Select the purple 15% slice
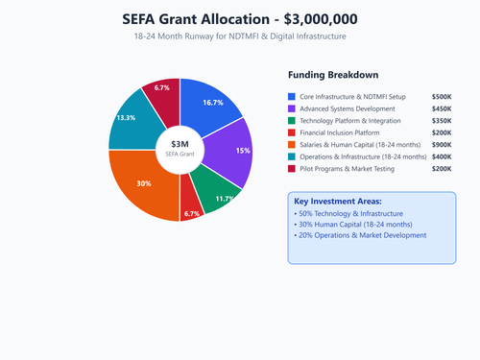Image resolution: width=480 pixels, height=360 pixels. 234,152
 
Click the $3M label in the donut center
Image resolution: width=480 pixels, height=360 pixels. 180,143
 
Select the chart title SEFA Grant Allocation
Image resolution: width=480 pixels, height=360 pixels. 240,18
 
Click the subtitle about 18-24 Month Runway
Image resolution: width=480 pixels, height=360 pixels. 240,36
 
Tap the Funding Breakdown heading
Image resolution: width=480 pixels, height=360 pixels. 333,75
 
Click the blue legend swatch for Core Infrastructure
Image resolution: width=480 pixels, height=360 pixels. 292,97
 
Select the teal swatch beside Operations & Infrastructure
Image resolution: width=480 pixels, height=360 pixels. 292,156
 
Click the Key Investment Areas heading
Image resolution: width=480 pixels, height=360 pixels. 337,200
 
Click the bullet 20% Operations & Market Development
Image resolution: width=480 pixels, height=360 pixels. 361,235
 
